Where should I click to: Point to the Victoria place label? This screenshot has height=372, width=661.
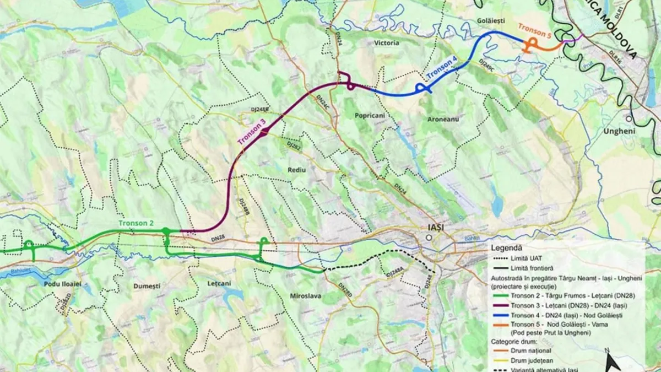(386, 42)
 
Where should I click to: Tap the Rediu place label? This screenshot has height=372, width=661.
(296, 170)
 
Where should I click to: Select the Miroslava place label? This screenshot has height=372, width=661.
(305, 296)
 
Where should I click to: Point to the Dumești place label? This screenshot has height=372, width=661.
(147, 287)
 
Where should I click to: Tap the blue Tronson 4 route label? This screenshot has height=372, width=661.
(441, 67)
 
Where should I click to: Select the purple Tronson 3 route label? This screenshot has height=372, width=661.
(251, 132)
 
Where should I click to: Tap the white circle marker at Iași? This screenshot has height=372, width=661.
(428, 238)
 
